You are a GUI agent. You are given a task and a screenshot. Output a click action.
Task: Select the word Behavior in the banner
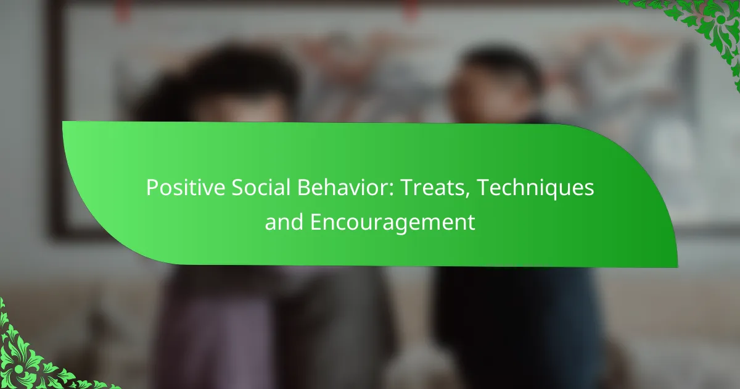[x=343, y=187]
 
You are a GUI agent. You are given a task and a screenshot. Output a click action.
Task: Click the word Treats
[x=434, y=187]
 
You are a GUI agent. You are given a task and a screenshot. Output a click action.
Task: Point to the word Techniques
[x=535, y=188]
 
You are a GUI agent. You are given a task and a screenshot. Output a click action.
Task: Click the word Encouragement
[x=392, y=223]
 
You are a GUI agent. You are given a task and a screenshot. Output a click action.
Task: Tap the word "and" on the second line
[x=284, y=222]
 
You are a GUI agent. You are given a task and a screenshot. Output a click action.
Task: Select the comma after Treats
[x=468, y=196]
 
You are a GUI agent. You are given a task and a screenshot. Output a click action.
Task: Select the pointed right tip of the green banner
[x=677, y=266]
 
